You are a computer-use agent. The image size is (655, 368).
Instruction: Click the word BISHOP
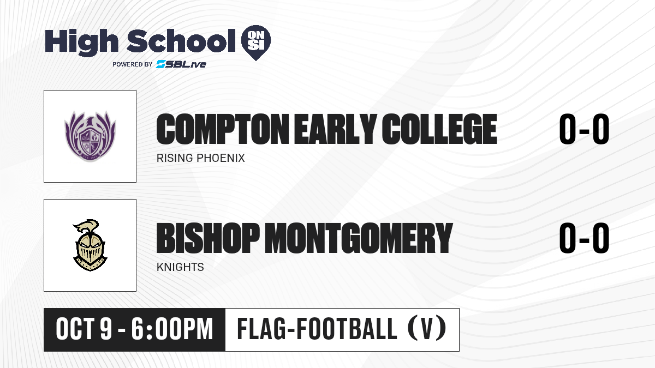click(208, 238)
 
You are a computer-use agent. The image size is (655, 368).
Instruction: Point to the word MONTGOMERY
click(359, 238)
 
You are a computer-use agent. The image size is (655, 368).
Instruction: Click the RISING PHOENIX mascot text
click(201, 158)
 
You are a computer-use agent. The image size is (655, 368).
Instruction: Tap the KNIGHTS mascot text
click(180, 267)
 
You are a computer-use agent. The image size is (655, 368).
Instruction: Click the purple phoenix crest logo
click(90, 136)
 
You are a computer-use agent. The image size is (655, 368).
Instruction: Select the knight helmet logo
click(90, 245)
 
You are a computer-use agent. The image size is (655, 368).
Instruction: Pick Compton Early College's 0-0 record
click(584, 129)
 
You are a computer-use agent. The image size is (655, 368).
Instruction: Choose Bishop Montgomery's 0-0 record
click(584, 238)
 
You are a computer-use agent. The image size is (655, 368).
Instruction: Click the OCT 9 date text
click(84, 329)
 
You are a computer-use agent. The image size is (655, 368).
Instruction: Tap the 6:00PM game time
click(172, 329)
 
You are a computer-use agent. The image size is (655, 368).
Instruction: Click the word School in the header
click(181, 41)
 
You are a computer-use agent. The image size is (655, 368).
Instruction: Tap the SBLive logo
click(181, 64)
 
